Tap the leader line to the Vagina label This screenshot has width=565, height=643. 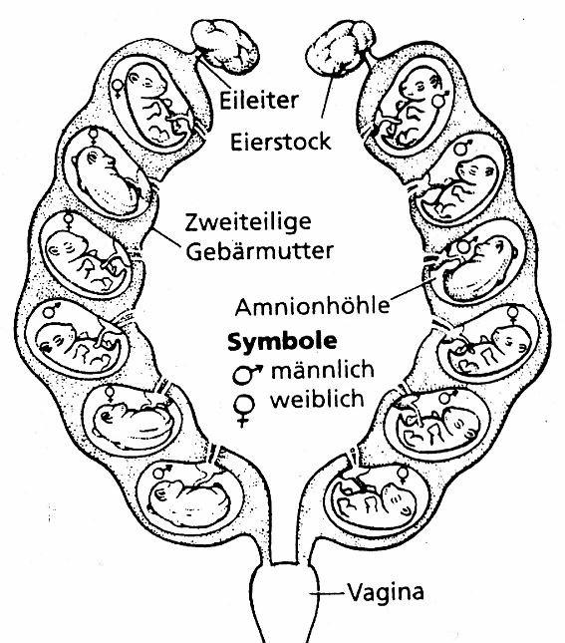(x=329, y=595)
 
